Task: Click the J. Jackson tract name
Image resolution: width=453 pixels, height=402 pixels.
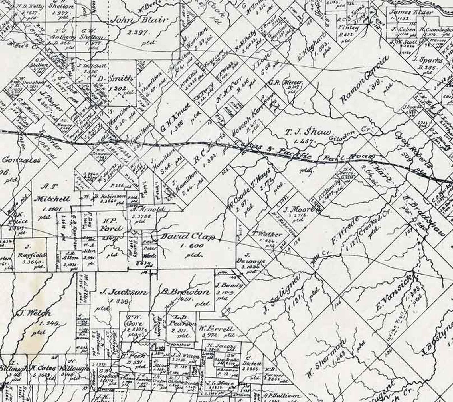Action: click(x=124, y=292)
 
